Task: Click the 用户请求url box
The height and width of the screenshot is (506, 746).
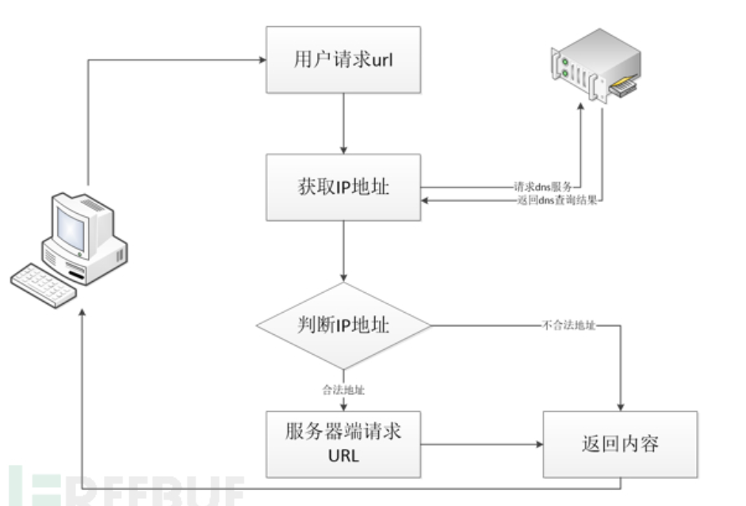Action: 342,60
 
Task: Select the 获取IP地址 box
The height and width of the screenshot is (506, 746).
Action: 342,188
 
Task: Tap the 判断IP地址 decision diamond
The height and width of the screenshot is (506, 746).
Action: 342,325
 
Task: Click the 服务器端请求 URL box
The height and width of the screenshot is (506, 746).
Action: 342,443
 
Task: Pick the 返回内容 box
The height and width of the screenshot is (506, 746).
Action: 619,443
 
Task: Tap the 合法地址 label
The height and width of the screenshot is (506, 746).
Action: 343,390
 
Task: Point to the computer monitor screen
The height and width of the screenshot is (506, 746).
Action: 72,230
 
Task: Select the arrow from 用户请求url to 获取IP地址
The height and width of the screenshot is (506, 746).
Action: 343,124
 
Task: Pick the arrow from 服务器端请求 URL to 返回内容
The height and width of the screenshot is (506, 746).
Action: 480,444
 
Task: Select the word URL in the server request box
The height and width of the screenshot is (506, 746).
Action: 342,457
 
